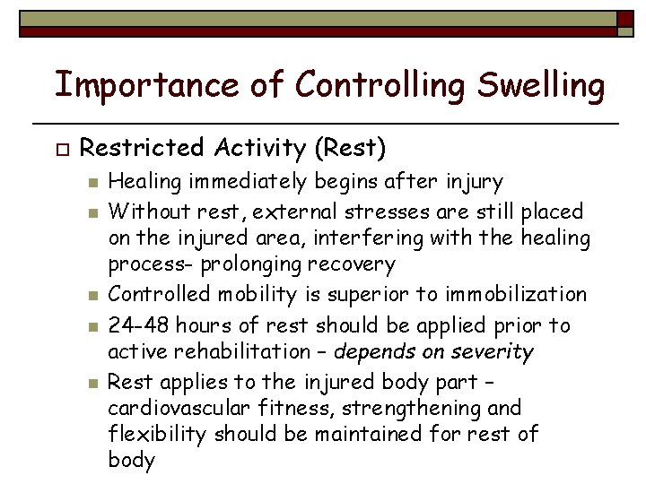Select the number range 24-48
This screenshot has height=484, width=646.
click(135, 324)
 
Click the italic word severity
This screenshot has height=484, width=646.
click(496, 351)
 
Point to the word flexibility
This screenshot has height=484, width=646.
click(149, 435)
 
